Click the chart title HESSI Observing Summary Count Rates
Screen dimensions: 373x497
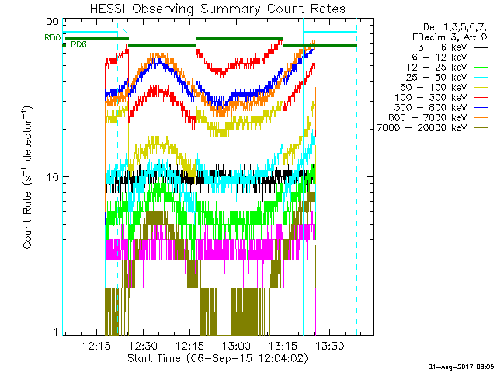point(217,9)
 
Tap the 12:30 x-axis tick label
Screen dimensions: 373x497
point(142,345)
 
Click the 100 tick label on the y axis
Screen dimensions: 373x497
point(50,22)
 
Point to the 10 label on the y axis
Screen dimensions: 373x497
point(54,176)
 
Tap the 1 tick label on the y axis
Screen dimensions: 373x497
point(57,332)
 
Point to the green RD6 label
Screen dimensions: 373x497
point(78,45)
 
